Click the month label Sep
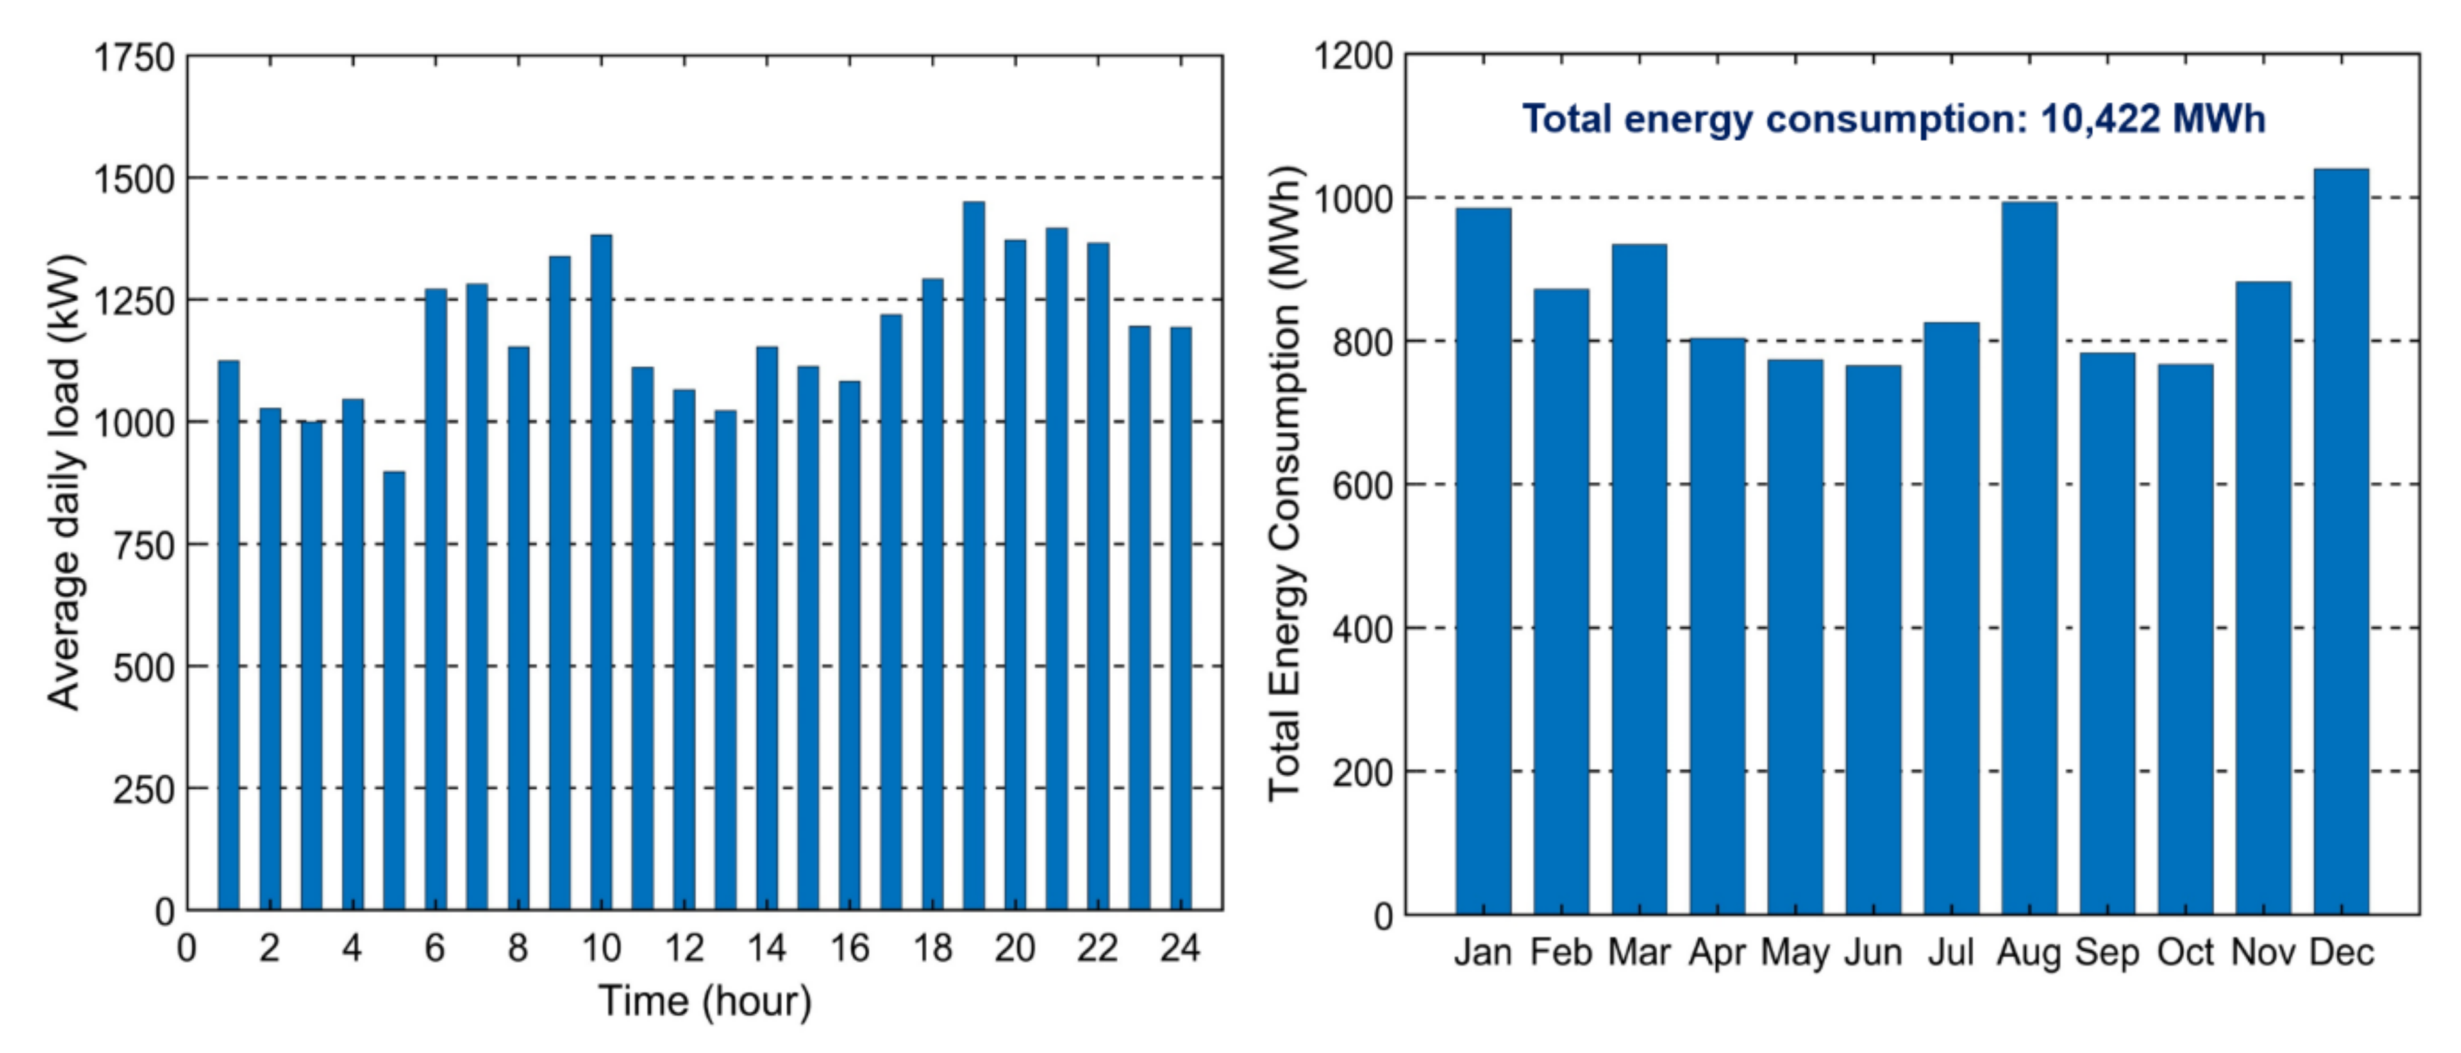click(2106, 953)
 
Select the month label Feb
click(1561, 953)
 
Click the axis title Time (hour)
click(705, 1001)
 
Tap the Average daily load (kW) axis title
click(65, 483)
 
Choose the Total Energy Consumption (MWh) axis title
click(1285, 483)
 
